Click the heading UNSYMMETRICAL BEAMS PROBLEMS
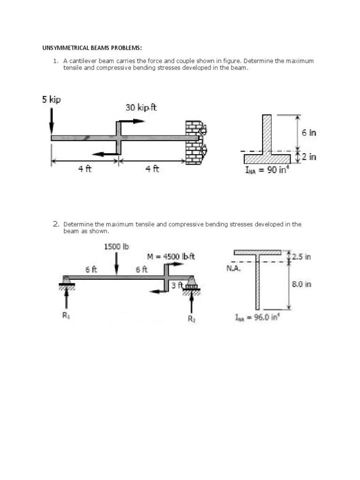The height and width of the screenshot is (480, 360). [x=92, y=48]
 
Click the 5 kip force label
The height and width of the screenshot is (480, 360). [x=51, y=99]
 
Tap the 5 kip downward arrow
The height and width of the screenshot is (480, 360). [x=52, y=121]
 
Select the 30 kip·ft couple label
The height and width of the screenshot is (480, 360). [x=141, y=107]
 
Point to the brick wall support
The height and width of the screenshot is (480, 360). [x=195, y=142]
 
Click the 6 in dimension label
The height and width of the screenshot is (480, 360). [x=309, y=133]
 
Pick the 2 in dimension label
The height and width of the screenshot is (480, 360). [x=309, y=157]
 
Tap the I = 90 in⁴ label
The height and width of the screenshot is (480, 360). [x=268, y=170]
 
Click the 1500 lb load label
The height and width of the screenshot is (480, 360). [x=116, y=246]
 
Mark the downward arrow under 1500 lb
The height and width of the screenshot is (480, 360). [x=117, y=264]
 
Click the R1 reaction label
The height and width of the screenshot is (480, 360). [x=66, y=315]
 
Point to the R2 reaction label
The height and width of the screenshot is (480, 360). [x=191, y=319]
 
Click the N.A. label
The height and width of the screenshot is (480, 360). [x=233, y=269]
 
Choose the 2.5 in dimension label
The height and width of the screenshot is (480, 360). [x=301, y=256]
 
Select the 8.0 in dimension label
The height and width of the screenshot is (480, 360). [x=301, y=284]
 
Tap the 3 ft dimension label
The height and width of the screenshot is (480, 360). [x=177, y=285]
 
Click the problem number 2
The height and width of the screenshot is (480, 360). [x=55, y=224]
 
